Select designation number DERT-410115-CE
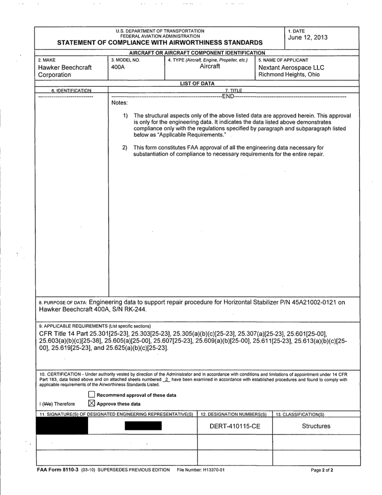click(235, 427)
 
